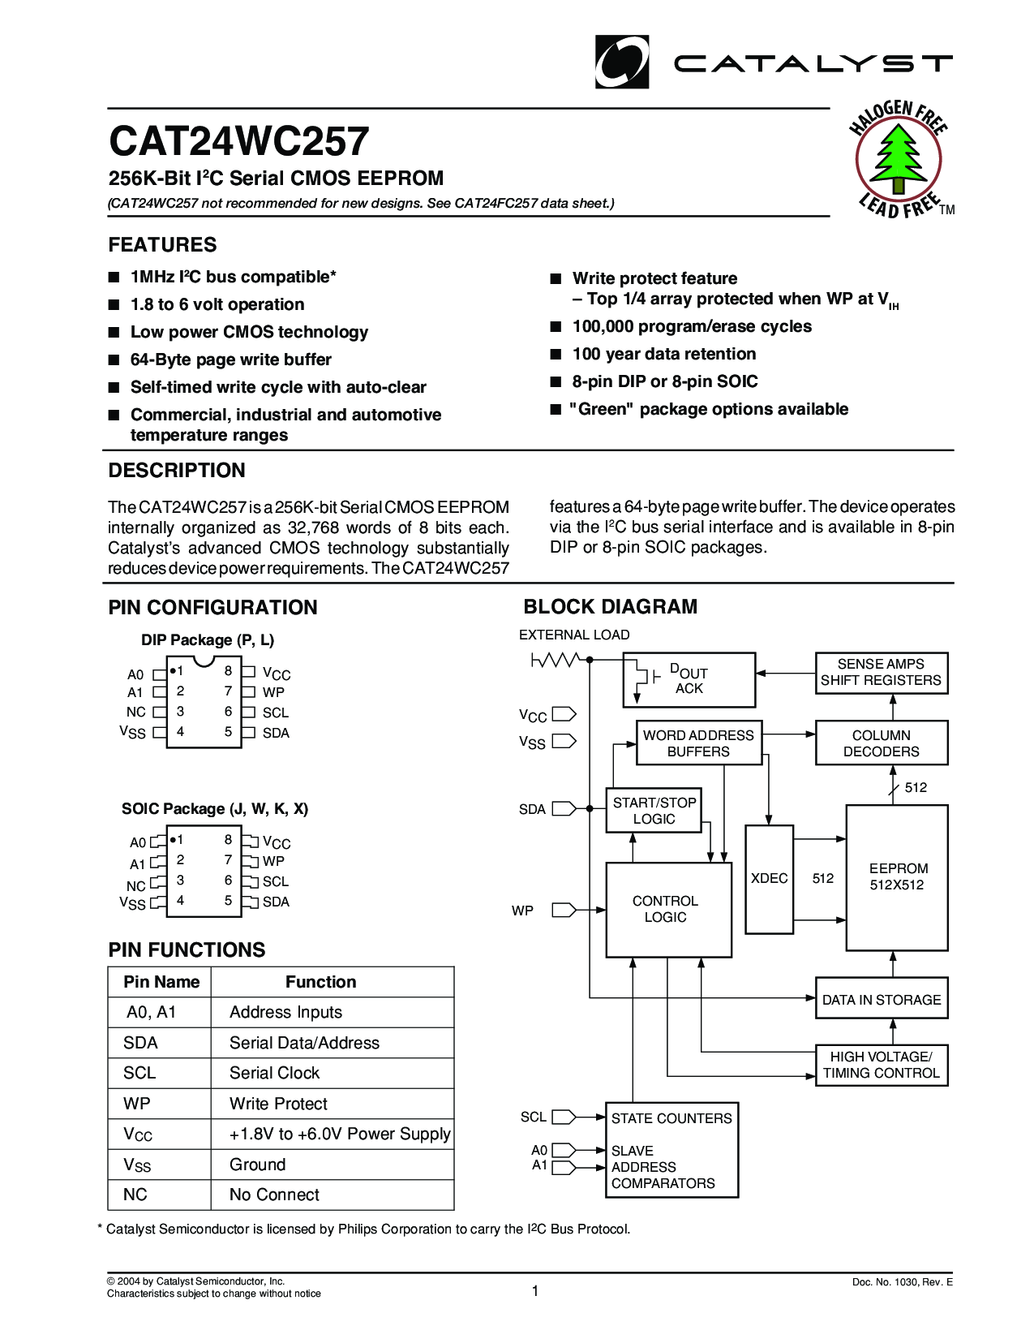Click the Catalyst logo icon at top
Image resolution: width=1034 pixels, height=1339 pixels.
(x=621, y=62)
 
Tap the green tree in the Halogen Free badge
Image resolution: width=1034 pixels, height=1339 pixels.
(x=898, y=157)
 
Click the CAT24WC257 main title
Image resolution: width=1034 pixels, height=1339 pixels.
(x=239, y=141)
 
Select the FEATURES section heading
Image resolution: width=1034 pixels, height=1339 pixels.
(x=162, y=245)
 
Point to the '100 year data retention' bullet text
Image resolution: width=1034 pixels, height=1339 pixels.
(x=663, y=354)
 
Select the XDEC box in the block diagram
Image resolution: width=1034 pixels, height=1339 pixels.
(x=769, y=879)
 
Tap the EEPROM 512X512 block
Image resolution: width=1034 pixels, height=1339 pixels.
(x=897, y=877)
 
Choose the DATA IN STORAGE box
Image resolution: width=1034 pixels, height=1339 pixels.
(x=882, y=1000)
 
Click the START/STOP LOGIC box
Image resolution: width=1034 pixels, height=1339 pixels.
(x=654, y=811)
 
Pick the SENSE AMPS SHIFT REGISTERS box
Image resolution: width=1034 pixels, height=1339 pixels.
(x=881, y=673)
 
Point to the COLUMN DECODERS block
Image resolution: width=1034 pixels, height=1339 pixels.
(x=881, y=743)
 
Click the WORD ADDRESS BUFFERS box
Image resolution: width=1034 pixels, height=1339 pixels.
(x=698, y=743)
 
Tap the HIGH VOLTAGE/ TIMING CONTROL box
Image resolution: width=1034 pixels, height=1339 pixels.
(x=881, y=1065)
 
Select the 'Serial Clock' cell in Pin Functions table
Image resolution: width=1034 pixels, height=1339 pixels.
(x=274, y=1073)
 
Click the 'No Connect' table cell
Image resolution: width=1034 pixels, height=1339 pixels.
(x=274, y=1195)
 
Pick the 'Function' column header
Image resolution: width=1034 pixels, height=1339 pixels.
(x=320, y=982)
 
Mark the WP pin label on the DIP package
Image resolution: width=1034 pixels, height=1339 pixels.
(x=273, y=692)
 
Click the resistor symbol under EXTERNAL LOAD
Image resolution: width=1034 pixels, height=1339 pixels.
(x=555, y=660)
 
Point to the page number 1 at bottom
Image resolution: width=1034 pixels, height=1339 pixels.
(x=535, y=1291)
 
